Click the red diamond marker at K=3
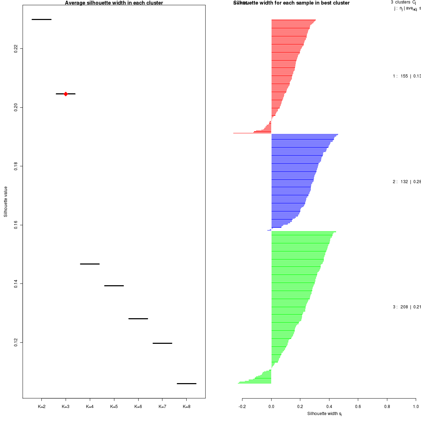(x=66, y=94)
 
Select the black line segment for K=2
(x=41, y=19)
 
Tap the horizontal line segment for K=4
(x=90, y=264)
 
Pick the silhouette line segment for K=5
(x=114, y=286)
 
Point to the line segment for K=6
(x=138, y=319)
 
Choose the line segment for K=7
(x=162, y=343)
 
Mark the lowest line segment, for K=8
(x=186, y=383)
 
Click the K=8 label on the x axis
(x=186, y=407)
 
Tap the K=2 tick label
(x=41, y=407)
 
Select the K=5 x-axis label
(x=114, y=407)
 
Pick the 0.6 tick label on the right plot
(x=358, y=407)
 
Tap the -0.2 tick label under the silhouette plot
(x=242, y=407)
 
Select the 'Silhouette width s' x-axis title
(x=324, y=414)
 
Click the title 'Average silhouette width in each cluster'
(x=114, y=3)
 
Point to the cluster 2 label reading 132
(x=404, y=182)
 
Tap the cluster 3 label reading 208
(x=404, y=307)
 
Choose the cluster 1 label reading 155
(x=404, y=76)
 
